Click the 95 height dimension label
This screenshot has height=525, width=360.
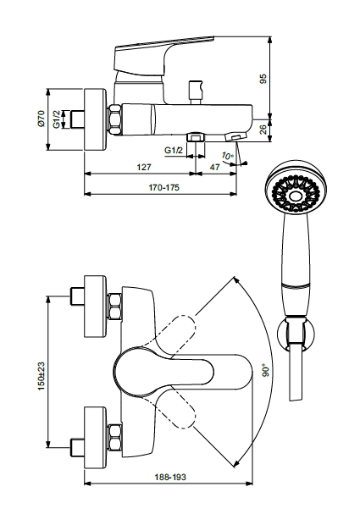point(263,79)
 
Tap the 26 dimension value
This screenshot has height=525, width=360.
point(263,130)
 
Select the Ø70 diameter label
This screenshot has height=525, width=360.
point(41,119)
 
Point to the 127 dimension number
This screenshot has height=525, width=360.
point(144,167)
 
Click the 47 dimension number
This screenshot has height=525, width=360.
point(215,167)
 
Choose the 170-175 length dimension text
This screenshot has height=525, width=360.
point(163,187)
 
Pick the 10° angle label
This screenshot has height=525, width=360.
point(227,156)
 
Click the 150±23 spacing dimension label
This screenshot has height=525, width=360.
point(41,376)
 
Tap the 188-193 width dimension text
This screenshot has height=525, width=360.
point(170,477)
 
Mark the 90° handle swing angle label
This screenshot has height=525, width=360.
point(266,371)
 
